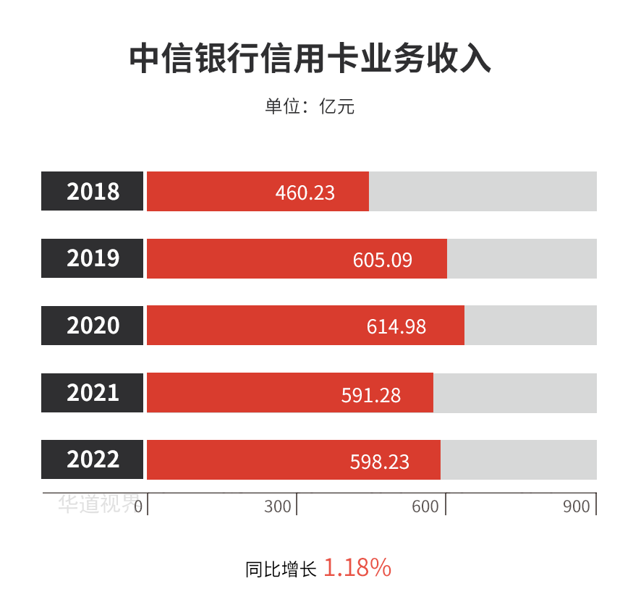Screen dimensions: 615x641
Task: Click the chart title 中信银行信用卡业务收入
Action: click(310, 59)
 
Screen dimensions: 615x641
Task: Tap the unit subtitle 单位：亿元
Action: click(310, 107)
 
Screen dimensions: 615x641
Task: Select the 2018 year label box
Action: click(93, 191)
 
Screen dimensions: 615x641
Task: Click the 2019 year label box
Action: click(93, 258)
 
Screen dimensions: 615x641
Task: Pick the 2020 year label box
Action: click(93, 326)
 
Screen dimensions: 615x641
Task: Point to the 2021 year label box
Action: click(93, 392)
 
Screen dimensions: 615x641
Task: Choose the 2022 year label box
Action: click(93, 459)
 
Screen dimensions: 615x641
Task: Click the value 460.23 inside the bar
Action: click(305, 192)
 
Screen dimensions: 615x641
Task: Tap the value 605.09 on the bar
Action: click(383, 260)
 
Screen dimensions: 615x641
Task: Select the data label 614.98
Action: click(396, 327)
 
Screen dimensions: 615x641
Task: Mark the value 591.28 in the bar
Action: click(371, 394)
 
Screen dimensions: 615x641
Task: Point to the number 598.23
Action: click(380, 462)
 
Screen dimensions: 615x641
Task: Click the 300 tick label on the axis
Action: click(278, 506)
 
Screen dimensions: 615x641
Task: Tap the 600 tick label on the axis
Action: click(425, 506)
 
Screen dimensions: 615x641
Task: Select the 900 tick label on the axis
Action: click(577, 506)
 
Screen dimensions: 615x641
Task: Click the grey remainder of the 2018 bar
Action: click(483, 191)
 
